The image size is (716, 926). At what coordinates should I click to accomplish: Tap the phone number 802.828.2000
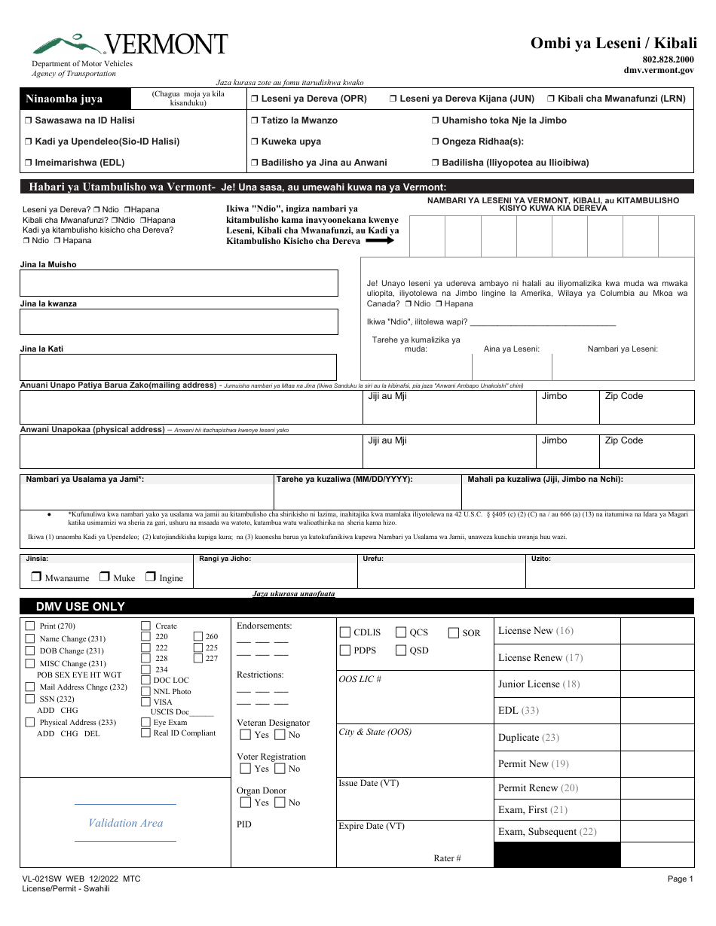[x=668, y=59]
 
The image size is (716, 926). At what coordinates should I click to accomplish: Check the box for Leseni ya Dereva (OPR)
[x=255, y=99]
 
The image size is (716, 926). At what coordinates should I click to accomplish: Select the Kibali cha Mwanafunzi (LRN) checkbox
[x=552, y=99]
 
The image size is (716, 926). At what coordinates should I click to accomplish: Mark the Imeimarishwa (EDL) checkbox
[x=28, y=163]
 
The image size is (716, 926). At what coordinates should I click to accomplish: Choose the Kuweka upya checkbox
[x=255, y=142]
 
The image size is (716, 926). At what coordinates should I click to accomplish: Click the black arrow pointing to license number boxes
[x=381, y=241]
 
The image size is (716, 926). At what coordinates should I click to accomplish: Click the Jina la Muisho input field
[x=179, y=283]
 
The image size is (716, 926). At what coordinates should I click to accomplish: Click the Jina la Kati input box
[x=179, y=367]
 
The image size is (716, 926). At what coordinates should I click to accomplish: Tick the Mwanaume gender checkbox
[x=35, y=577]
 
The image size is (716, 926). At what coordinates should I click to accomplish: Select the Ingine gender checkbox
[x=151, y=577]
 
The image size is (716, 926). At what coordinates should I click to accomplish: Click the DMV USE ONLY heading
[x=81, y=607]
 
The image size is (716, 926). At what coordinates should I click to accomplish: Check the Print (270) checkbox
[x=30, y=626]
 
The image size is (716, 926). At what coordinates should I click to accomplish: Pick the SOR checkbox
[x=454, y=632]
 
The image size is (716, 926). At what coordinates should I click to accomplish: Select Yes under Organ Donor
[x=245, y=803]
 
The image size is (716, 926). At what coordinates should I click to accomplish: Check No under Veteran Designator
[x=280, y=735]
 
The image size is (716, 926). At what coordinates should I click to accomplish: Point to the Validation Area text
[x=125, y=823]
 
